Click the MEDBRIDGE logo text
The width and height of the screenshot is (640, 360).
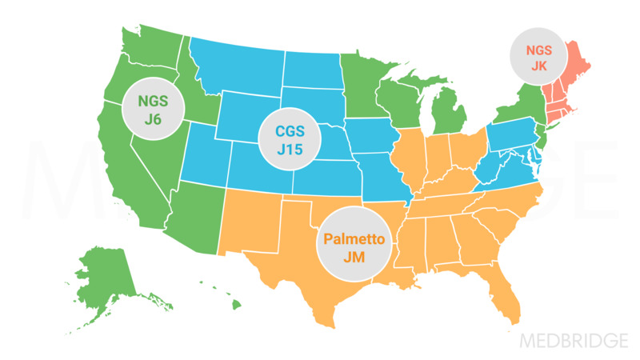574,340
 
